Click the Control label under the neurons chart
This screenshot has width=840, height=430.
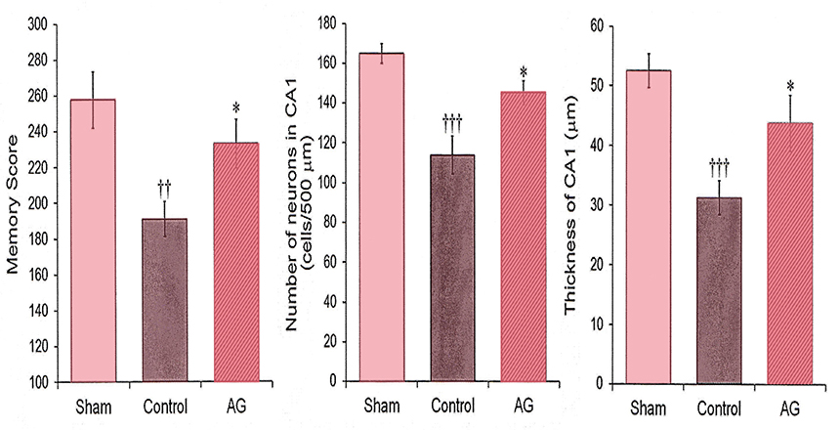click(450, 407)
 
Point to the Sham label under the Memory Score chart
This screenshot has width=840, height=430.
click(90, 407)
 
